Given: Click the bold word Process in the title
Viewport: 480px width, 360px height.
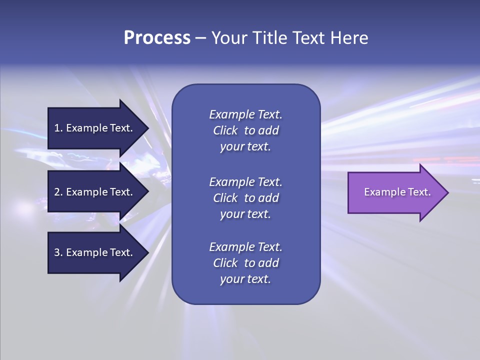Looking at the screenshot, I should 157,38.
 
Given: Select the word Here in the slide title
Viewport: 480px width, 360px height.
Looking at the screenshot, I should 349,38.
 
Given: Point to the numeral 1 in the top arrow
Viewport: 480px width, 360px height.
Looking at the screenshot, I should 57,128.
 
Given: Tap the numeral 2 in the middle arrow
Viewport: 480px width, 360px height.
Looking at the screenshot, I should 57,192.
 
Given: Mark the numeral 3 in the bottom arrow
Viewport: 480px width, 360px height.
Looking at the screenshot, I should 57,252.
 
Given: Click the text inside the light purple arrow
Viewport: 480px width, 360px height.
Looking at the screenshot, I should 397,192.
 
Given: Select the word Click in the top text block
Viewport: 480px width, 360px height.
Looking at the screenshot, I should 225,130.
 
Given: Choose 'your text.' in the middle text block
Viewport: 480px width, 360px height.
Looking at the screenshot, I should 245,214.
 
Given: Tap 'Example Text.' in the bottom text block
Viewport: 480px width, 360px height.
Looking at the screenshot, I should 245,247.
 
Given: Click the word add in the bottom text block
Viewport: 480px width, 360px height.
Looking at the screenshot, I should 269,263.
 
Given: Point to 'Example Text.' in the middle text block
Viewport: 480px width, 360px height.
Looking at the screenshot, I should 245,182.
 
